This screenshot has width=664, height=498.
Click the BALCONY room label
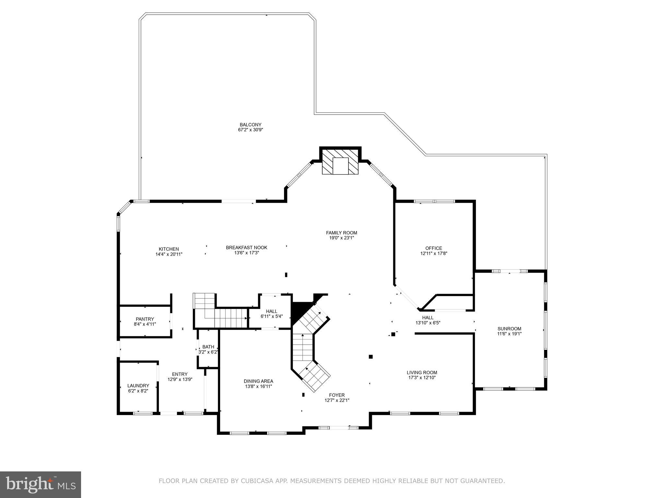250,124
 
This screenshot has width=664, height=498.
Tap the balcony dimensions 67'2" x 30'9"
250,130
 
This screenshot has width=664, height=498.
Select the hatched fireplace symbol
340,161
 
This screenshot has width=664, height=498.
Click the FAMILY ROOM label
341,233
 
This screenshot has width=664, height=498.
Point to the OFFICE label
433,248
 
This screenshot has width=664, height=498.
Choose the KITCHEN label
169,249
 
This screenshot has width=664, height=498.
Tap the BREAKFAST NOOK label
246,248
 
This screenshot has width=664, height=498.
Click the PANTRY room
145,321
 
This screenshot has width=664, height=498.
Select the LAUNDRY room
138,388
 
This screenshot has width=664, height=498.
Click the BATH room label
208,347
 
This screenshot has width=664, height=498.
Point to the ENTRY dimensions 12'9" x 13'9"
180,379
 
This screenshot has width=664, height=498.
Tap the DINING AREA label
258,381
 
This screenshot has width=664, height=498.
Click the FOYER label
337,395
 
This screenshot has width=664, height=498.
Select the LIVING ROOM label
422,373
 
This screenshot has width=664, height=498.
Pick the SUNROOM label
509,328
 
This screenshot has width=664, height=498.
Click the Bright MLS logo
40,484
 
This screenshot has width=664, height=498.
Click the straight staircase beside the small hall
231,318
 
